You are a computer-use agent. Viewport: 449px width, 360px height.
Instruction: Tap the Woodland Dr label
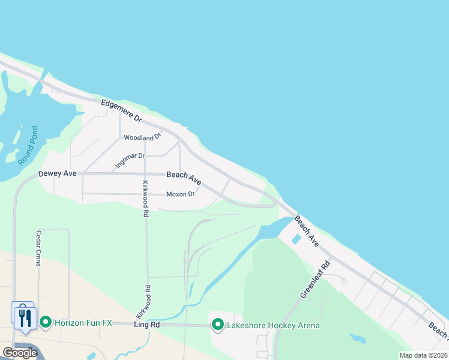(x=143, y=137)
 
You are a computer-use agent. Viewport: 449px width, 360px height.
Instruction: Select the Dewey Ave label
(x=58, y=173)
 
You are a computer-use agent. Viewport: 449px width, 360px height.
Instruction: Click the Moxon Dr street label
(x=180, y=194)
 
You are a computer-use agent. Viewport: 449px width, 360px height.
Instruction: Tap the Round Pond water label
(x=28, y=145)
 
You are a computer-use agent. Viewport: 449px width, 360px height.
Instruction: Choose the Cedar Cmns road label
(x=38, y=249)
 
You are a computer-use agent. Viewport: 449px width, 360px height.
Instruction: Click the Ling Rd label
(x=147, y=325)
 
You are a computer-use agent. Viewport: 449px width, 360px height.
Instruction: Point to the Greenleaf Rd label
(x=315, y=279)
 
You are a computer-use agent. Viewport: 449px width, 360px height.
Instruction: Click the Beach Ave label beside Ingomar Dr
(x=184, y=176)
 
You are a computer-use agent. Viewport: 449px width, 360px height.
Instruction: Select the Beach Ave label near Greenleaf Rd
(x=306, y=230)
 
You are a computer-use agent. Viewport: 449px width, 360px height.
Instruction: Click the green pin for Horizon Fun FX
(x=45, y=323)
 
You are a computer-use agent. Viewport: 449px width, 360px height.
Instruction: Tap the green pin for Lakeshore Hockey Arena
(x=217, y=325)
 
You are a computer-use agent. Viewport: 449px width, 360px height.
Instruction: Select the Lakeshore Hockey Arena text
(x=273, y=325)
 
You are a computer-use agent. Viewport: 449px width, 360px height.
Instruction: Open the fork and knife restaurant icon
(x=24, y=316)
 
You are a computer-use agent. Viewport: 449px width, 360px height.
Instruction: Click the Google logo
(x=19, y=353)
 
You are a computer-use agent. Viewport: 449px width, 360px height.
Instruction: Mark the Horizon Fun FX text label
(x=83, y=323)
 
